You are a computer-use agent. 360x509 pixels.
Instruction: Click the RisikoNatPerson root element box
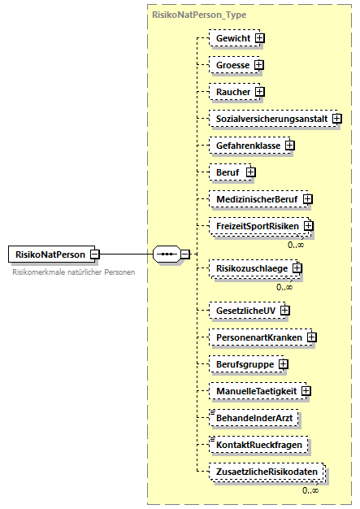[49, 254]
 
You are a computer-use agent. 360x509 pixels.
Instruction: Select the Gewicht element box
[232, 37]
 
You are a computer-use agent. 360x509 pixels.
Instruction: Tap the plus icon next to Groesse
[259, 64]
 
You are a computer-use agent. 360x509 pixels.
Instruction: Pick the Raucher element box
[232, 92]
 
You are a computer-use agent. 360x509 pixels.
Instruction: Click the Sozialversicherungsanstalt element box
[270, 119]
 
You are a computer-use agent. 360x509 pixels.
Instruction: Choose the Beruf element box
[227, 172]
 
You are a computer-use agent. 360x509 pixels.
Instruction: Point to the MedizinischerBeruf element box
[254, 198]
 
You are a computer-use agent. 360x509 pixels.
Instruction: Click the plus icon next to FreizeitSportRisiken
[309, 226]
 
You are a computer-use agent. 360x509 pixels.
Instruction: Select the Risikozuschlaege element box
[250, 267]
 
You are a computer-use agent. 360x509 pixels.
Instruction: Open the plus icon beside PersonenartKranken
[312, 337]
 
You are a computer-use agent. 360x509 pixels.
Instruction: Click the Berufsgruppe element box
[242, 364]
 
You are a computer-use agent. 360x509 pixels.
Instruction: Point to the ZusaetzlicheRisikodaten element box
[266, 472]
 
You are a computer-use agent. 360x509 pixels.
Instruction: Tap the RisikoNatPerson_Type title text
[199, 15]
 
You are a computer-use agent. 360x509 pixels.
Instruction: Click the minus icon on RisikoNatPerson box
[95, 254]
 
